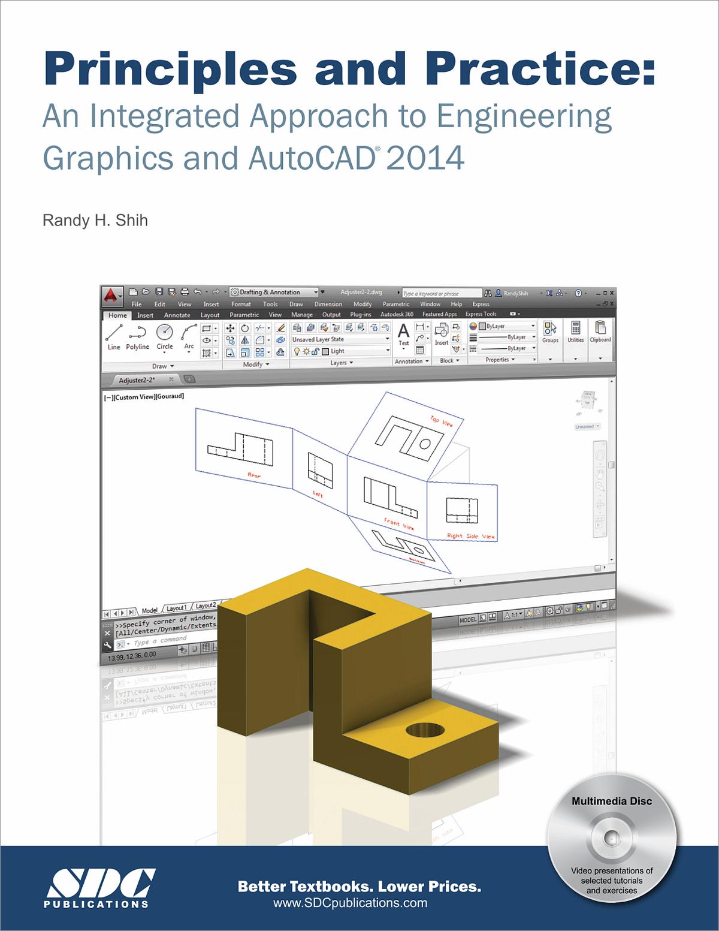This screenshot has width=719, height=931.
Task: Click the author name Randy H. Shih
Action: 95,221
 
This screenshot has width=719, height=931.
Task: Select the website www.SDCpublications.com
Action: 350,903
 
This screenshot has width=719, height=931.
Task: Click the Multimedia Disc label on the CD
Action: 611,801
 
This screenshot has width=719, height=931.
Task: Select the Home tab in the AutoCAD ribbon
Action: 117,315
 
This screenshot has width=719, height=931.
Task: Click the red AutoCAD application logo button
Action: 111,294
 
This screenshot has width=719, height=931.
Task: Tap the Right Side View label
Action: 471,536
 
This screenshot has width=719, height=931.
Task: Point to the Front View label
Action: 398,525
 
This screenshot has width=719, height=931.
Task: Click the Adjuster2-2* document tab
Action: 138,380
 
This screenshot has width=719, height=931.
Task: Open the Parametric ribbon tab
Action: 244,315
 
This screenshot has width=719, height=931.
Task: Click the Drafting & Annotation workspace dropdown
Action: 274,293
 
